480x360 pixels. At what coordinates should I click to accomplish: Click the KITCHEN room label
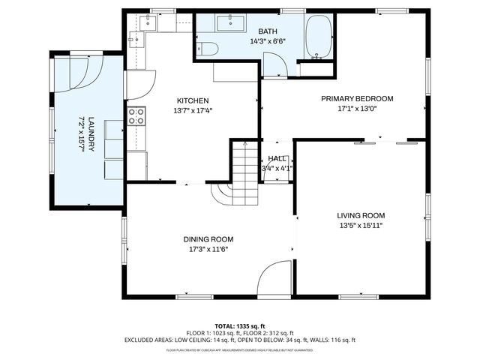click(192, 100)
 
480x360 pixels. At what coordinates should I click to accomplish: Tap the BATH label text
click(268, 31)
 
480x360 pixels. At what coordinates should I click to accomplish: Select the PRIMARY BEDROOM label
click(357, 98)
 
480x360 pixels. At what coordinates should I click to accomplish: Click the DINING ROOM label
click(208, 240)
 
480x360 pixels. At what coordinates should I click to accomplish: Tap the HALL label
click(276, 159)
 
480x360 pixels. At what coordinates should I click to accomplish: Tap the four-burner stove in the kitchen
click(136, 116)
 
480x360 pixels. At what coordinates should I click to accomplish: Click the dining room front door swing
click(275, 278)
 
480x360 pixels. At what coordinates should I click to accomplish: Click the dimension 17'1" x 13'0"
click(357, 109)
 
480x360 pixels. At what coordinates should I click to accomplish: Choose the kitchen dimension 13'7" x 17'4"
click(192, 110)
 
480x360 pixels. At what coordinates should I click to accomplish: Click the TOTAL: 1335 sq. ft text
click(239, 326)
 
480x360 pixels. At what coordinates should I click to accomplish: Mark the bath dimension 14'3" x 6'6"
click(268, 42)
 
